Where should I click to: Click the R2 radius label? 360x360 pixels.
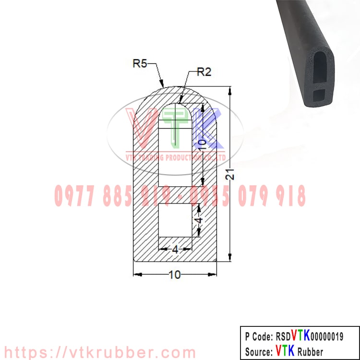(x=204, y=72)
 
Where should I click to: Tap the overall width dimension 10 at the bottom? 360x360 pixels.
(x=175, y=275)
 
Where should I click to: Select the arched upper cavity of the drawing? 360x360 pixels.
(x=176, y=144)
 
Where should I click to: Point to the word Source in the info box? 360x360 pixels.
(x=258, y=351)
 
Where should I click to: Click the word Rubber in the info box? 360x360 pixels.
(x=310, y=351)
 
